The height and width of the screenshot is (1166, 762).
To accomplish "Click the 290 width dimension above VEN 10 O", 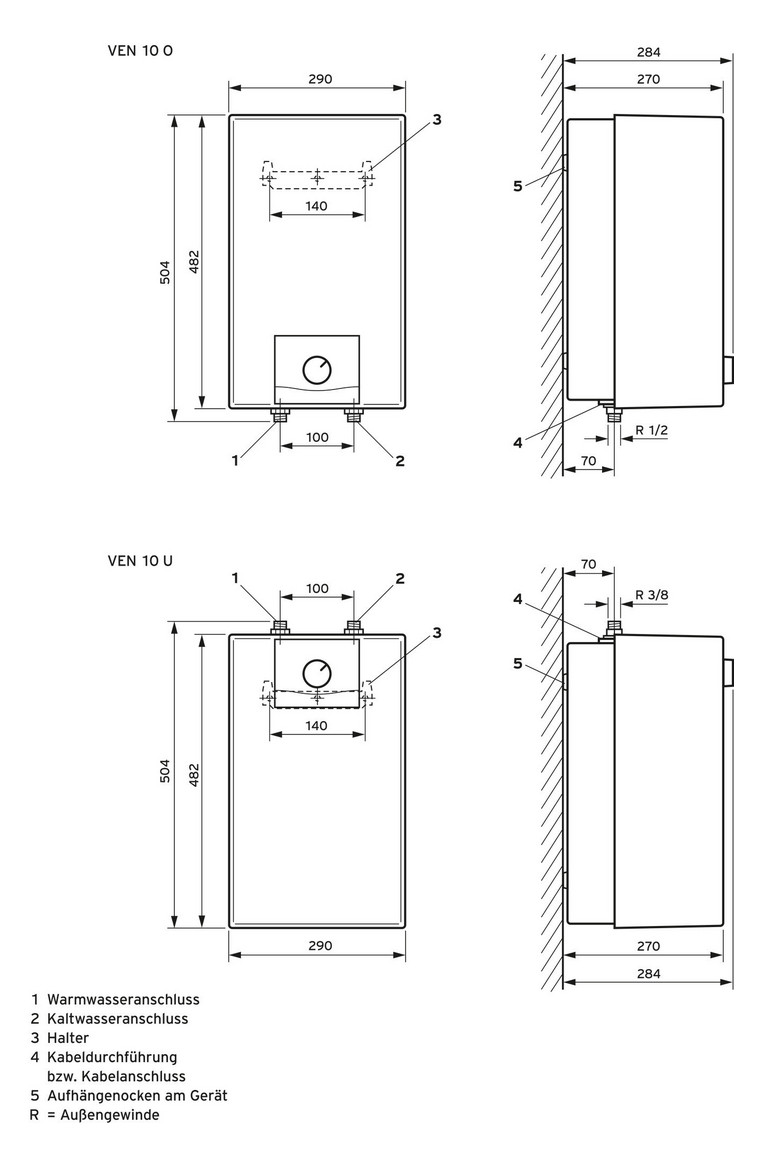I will tap(318, 79).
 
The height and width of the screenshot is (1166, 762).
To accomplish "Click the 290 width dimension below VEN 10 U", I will tap(318, 945).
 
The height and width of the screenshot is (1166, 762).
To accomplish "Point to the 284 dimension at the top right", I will tap(647, 52).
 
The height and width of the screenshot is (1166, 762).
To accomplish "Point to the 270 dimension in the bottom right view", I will tap(647, 945).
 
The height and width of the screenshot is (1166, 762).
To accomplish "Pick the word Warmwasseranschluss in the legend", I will tap(123, 999).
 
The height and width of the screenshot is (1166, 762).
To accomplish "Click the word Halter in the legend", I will tap(68, 1038).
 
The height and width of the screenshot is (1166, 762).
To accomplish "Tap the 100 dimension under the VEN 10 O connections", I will tap(317, 437).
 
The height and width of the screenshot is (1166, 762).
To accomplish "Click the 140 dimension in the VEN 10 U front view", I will tap(317, 727).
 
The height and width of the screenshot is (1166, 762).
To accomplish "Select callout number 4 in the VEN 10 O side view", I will tap(518, 442).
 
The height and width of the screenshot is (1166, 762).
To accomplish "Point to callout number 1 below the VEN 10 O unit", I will tap(235, 460).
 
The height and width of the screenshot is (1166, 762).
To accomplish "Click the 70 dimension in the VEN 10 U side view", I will tap(587, 565).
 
